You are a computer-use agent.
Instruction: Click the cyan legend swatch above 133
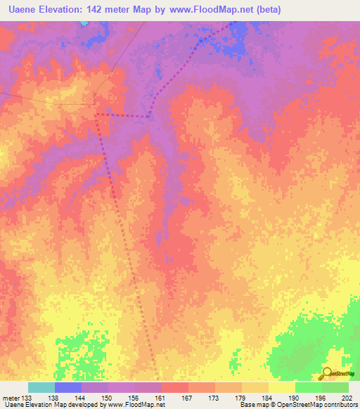point(41,387)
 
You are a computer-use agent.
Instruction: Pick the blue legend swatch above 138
point(68,387)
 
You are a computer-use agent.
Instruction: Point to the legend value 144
point(82,398)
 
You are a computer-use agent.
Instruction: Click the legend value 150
point(108,398)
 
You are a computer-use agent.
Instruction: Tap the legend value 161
point(162,398)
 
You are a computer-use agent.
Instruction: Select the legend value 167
point(188,398)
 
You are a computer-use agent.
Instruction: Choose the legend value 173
point(215,398)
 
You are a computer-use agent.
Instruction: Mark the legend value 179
point(242,398)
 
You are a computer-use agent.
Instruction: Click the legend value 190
point(295,398)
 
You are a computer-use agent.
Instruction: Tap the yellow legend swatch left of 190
point(282,387)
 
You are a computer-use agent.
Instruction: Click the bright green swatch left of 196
point(309,387)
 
